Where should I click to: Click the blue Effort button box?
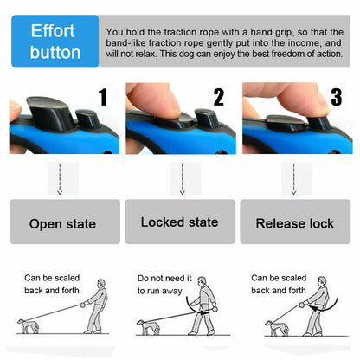tap(55, 41)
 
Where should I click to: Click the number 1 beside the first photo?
tap(102, 97)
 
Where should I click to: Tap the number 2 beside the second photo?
tap(218, 97)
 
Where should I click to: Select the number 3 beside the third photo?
tap(336, 97)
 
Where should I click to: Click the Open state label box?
tap(62, 222)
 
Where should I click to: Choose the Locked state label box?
tap(179, 222)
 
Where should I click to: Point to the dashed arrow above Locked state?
tap(181, 182)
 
